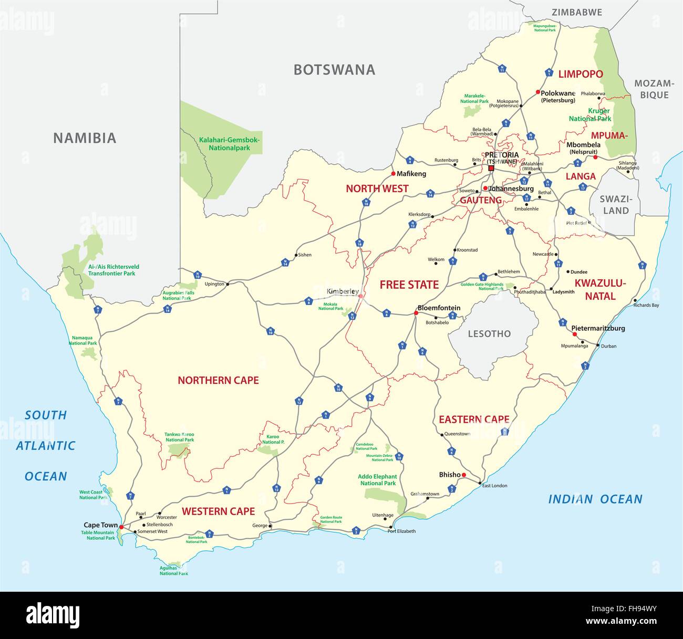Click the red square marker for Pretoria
tap(491, 168)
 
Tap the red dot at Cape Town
tap(121, 527)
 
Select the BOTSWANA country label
tap(334, 70)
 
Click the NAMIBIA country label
tap(85, 138)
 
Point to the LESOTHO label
tap(489, 333)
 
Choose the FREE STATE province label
tap(409, 285)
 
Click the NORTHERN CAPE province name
tap(218, 380)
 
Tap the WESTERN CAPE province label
tap(218, 511)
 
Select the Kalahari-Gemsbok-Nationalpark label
tap(230, 144)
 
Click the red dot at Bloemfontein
tap(416, 313)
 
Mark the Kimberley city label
tap(343, 291)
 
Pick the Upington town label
tap(214, 284)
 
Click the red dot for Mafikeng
tap(392, 173)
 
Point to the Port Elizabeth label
tap(401, 531)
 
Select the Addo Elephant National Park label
tap(378, 480)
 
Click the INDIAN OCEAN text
tap(595, 499)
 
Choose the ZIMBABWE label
tap(576, 12)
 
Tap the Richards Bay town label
tap(646, 305)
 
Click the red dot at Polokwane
tap(537, 92)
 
